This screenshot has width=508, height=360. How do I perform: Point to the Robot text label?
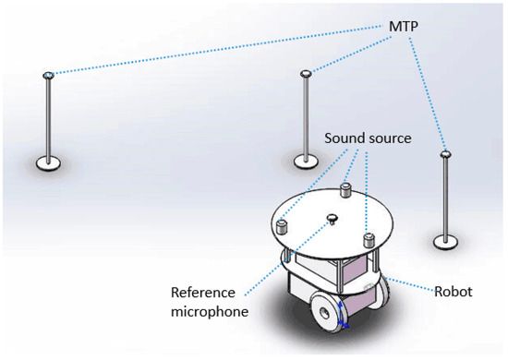[x=454, y=291]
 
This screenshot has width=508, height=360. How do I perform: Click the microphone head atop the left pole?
[x=48, y=74]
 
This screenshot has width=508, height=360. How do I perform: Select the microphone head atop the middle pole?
[x=308, y=71]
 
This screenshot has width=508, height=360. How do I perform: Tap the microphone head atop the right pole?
[x=445, y=154]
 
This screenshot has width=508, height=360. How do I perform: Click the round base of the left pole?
[x=49, y=163]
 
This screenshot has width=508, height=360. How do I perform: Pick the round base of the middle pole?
[x=308, y=161]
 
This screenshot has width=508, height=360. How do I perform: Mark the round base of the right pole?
[x=445, y=243]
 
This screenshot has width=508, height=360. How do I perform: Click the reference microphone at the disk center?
[x=332, y=219]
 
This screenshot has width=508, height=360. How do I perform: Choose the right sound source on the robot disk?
[x=369, y=240]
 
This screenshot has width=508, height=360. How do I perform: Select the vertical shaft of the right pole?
[x=445, y=198]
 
